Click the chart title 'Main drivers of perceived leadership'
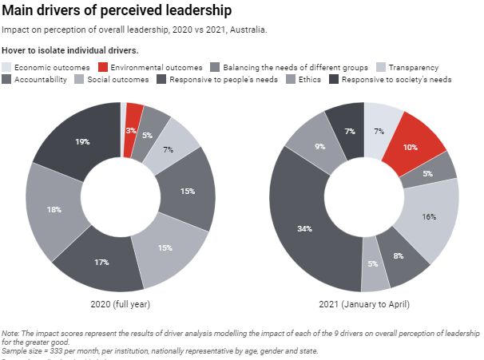[118, 11]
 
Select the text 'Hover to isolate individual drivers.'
[71, 50]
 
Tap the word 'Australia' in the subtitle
[248, 30]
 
